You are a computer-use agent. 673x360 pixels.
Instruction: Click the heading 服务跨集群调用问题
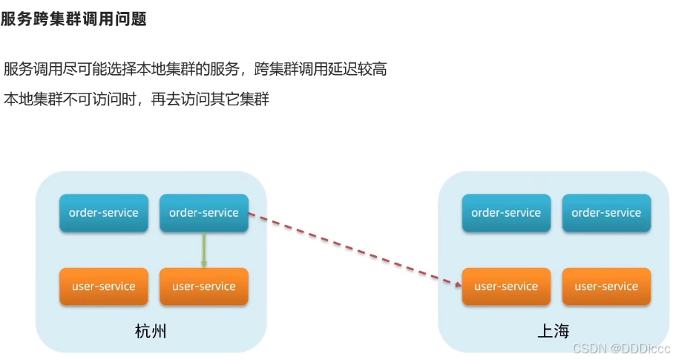click(x=73, y=19)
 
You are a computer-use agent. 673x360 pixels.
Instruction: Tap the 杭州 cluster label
click(x=151, y=331)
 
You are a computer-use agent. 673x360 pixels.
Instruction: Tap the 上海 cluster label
click(x=554, y=331)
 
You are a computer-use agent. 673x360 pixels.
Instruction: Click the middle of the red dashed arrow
click(x=352, y=248)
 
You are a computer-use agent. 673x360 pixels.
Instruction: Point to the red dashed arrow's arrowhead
click(x=456, y=282)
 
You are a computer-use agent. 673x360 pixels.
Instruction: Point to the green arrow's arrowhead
click(x=204, y=263)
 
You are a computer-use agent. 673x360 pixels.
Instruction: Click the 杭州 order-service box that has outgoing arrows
click(x=204, y=213)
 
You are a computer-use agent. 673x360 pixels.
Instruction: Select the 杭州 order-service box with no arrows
click(x=103, y=213)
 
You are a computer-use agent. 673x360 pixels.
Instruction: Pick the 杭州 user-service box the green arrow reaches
click(x=204, y=287)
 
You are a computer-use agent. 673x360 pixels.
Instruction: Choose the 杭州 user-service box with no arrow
click(x=103, y=287)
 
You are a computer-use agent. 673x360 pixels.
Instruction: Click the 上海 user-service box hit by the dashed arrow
click(x=506, y=287)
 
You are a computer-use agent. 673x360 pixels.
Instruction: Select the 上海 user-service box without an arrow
click(x=606, y=287)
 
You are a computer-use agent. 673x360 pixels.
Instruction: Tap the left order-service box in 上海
click(x=506, y=213)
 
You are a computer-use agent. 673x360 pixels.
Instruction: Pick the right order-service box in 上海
click(x=606, y=213)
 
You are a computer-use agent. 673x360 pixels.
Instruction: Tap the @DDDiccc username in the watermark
click(x=641, y=348)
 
